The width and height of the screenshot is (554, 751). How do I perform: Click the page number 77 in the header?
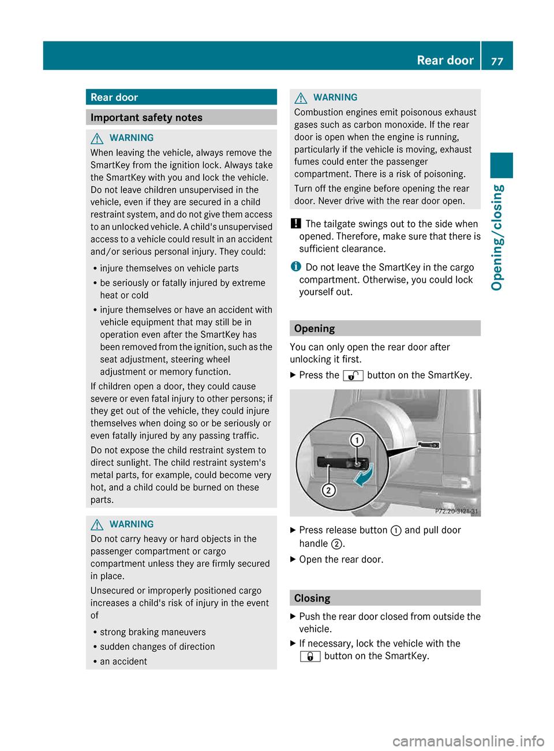click(x=497, y=61)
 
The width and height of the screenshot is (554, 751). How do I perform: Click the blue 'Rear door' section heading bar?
click(x=181, y=97)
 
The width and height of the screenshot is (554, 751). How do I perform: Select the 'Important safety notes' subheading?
click(x=181, y=118)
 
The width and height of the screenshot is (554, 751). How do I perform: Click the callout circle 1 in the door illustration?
click(x=357, y=441)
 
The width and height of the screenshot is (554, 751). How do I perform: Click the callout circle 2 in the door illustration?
click(x=328, y=490)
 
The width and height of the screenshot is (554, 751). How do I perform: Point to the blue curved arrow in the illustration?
click(x=365, y=476)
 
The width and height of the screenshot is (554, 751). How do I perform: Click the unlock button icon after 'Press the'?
click(x=353, y=375)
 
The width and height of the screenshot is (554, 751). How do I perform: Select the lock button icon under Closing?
click(x=310, y=656)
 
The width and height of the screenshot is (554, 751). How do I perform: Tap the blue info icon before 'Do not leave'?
click(x=295, y=266)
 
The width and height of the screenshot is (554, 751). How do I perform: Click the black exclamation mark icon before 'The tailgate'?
click(x=295, y=224)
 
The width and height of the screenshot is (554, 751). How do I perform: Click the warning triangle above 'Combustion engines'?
click(x=301, y=98)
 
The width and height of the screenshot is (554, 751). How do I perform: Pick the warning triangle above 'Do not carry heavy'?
click(x=97, y=524)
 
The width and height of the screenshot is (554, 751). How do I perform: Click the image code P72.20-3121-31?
click(x=456, y=511)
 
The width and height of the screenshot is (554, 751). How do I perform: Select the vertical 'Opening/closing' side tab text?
click(x=497, y=238)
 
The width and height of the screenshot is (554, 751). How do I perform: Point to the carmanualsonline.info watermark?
click(x=468, y=741)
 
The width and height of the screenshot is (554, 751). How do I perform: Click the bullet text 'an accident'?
click(x=123, y=662)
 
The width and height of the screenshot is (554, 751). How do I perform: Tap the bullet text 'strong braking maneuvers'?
click(x=152, y=632)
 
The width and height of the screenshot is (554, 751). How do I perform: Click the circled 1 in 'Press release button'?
click(x=396, y=531)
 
